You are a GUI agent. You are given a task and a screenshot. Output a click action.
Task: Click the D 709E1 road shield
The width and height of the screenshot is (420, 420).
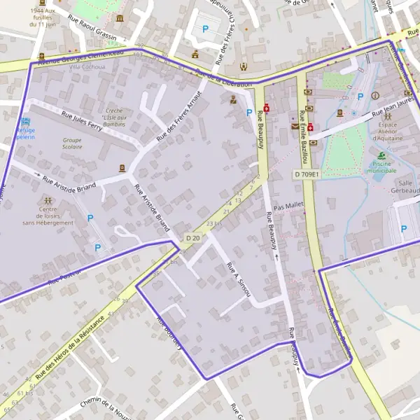pos(307,174)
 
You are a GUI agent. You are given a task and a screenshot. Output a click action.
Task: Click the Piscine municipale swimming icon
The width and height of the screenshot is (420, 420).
pos(381,155)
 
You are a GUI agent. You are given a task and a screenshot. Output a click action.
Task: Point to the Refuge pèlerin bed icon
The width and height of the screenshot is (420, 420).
pos(26,122)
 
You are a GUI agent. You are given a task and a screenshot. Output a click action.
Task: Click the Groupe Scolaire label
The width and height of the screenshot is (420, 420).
pos(72,143)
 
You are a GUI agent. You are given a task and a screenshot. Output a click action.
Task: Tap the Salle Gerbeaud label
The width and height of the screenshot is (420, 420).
pos(406,186)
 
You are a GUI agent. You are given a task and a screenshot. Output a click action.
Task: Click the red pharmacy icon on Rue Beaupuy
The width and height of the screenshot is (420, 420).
pos(267,108)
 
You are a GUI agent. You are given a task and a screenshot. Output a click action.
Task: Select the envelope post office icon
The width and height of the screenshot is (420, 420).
pos(294,127)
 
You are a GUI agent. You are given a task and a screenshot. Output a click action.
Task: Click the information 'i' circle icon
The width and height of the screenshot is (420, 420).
pos(376,95)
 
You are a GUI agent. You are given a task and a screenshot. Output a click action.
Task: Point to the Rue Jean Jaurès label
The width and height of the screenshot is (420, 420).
pos(393,109)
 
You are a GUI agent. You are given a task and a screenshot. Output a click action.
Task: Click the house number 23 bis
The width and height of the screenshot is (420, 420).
pos(213,223)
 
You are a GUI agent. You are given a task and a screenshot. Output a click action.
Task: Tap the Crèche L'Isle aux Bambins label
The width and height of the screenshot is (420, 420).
pos(114,117)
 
